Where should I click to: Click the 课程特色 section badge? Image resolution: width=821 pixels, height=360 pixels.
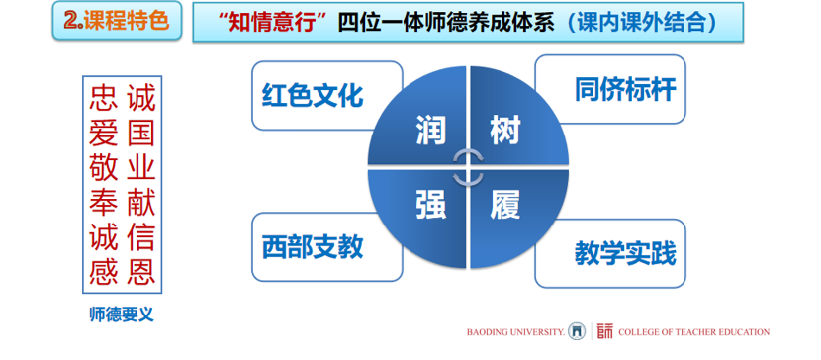(x=117, y=21)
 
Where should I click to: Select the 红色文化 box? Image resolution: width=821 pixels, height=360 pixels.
(x=327, y=96)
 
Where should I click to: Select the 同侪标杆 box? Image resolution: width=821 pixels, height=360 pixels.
(x=610, y=89)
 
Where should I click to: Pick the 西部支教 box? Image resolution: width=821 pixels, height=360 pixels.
(x=327, y=247)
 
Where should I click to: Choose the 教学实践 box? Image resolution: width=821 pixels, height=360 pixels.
(x=610, y=253)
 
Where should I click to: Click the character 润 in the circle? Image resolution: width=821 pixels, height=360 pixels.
(x=431, y=131)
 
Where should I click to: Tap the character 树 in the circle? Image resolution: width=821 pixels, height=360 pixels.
(x=505, y=131)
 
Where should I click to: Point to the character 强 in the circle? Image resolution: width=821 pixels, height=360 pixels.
(x=431, y=204)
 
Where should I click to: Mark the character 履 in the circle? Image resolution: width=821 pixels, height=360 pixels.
(x=505, y=204)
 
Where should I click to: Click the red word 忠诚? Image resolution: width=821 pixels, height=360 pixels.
(x=122, y=99)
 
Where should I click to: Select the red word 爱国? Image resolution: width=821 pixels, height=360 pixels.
(x=122, y=134)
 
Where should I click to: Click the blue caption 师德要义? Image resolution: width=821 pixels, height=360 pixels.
(x=122, y=315)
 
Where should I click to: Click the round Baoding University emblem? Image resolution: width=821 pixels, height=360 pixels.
(x=577, y=331)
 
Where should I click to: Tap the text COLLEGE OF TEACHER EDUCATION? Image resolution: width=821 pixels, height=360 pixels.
(x=693, y=332)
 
